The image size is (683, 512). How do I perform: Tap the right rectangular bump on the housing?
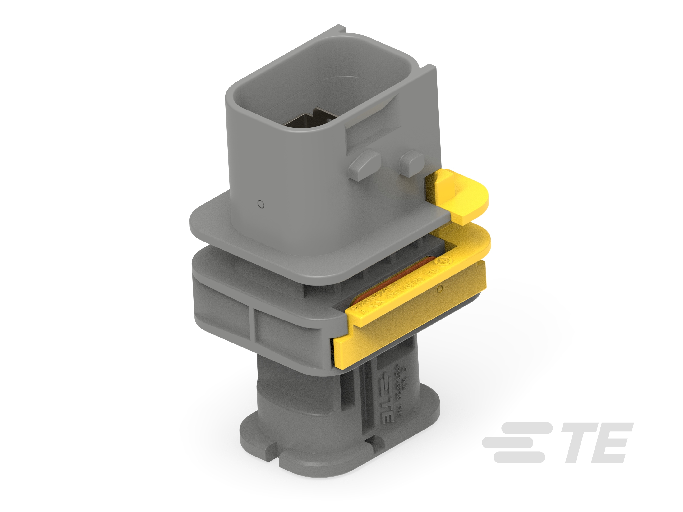pos(412,163)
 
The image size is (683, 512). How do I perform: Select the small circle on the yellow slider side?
pos(440,289)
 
